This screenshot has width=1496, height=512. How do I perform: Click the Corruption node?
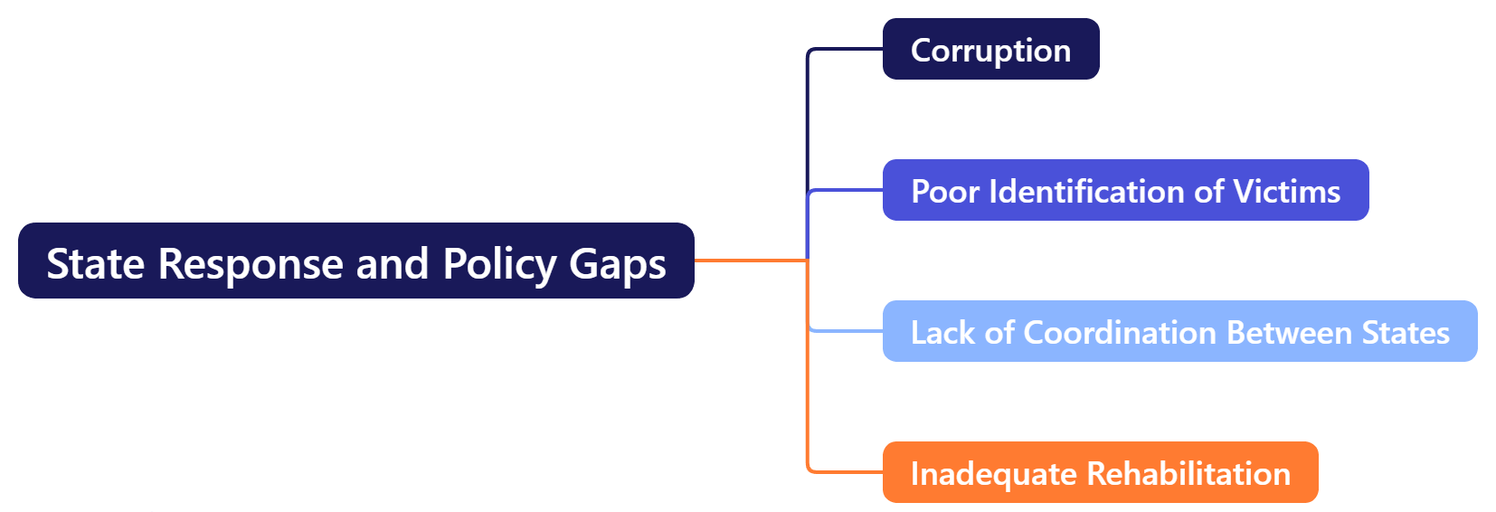point(990,49)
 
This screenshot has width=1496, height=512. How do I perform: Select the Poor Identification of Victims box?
point(1125,190)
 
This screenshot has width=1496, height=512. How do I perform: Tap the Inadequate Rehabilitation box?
point(1100,472)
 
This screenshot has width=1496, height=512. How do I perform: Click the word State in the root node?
point(95,264)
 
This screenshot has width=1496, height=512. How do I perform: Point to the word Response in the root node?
point(251,264)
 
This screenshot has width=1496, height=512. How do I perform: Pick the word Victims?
point(1287,191)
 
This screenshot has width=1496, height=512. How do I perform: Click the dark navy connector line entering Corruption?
point(846,49)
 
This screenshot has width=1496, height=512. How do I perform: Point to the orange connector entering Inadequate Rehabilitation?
point(846,471)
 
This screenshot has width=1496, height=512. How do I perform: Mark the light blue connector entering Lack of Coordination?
point(846,331)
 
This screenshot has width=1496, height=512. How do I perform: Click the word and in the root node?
point(392,264)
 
